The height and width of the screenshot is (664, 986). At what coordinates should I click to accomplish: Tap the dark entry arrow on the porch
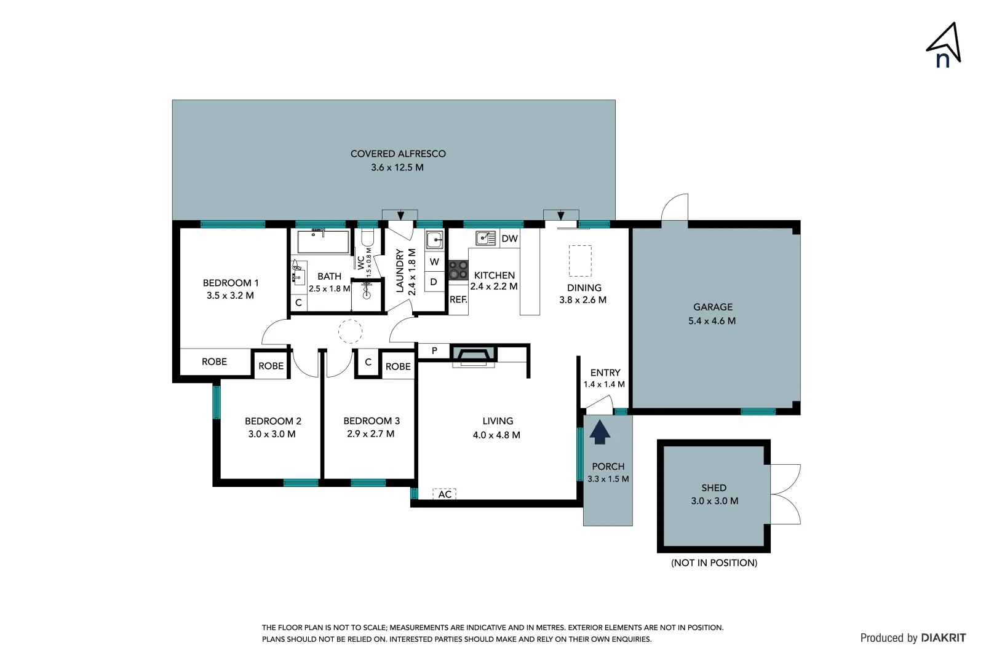(600, 431)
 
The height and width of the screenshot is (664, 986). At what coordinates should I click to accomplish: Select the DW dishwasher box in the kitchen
(509, 239)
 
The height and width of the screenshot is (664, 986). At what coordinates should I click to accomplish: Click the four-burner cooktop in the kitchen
(458, 270)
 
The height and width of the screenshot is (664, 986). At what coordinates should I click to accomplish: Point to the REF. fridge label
(458, 300)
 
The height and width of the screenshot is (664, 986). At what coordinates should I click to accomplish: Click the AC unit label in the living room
(445, 494)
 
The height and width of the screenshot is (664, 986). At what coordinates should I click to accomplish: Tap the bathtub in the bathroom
(324, 242)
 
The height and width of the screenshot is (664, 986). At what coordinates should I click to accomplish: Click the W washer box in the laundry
(434, 262)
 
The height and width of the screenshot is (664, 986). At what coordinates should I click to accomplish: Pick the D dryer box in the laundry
(434, 282)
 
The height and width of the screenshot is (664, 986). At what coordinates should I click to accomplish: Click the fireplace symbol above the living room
(474, 355)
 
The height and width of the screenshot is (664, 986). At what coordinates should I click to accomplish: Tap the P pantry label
(434, 351)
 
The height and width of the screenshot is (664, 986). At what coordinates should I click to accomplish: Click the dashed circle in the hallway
(350, 332)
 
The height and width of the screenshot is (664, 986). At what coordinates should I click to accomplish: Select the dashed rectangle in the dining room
(580, 261)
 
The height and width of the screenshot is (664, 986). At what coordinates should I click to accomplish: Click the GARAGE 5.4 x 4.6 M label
(712, 314)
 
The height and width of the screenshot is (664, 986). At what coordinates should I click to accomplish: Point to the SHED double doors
(785, 494)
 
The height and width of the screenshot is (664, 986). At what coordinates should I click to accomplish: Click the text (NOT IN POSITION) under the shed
(714, 563)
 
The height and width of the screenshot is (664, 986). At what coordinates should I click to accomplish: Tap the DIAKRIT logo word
(943, 638)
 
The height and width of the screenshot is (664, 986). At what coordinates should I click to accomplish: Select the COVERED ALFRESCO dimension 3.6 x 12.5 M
(397, 167)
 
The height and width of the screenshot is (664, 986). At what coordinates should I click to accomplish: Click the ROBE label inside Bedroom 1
(214, 362)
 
